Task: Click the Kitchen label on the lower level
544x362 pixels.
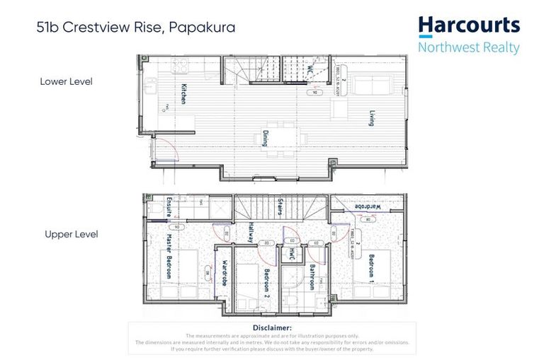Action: pyautogui.click(x=183, y=94)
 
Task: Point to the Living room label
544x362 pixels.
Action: pyautogui.click(x=370, y=118)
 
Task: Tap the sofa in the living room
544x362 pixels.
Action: pyautogui.click(x=371, y=86)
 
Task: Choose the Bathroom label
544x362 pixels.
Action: pyautogui.click(x=312, y=276)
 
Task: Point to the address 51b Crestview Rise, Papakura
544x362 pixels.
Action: pyautogui.click(x=136, y=29)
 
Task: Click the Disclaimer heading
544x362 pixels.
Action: pyautogui.click(x=271, y=327)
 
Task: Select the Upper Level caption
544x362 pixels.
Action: pyautogui.click(x=71, y=234)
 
